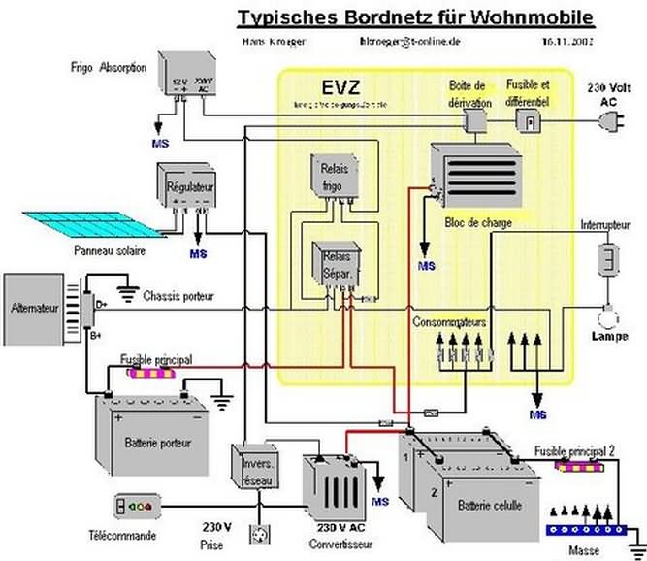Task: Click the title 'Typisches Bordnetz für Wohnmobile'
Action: tap(414, 18)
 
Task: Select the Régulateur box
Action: tap(190, 186)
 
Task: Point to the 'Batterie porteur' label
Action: tap(158, 443)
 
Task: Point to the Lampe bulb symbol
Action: tap(608, 316)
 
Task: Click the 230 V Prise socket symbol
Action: tap(259, 535)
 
